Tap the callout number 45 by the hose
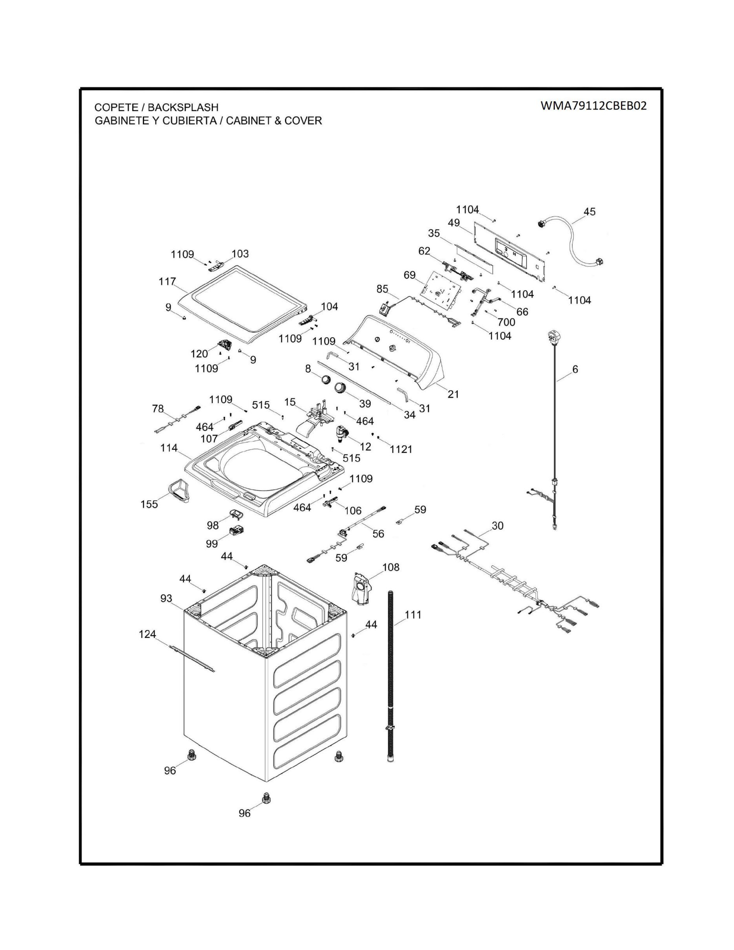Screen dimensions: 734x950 589,212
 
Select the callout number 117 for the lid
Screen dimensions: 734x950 167,282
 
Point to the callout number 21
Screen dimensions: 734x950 453,394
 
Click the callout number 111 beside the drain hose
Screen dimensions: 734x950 413,615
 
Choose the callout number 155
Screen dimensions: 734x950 149,505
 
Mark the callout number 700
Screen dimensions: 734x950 506,322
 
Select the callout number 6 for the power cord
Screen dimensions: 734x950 575,369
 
